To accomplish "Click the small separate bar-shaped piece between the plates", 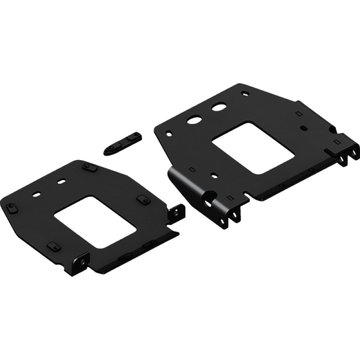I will tap(123, 142).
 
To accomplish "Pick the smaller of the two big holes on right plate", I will tap(220, 108).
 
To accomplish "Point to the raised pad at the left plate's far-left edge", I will tap(13, 207).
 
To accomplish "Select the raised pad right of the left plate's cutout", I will tap(143, 199).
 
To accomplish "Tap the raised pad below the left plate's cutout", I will tap(53, 245).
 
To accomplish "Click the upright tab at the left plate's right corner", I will tap(178, 211).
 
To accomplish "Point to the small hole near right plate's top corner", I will tap(243, 94).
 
